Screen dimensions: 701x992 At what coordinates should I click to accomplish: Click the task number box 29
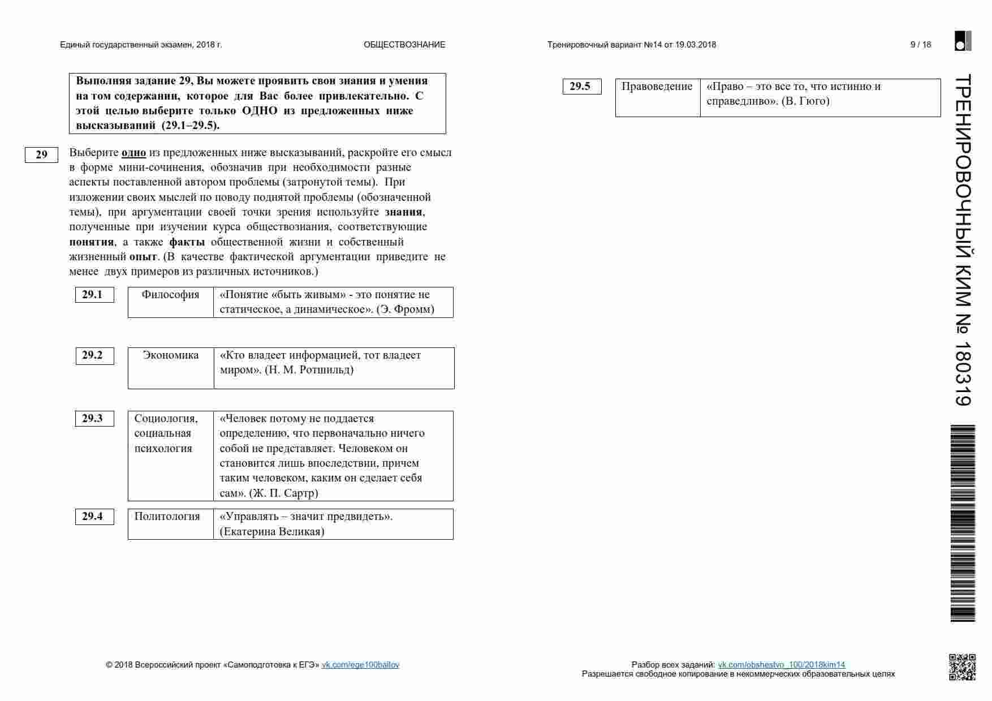(x=41, y=154)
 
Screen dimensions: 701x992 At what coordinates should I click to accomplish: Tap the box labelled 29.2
(x=94, y=355)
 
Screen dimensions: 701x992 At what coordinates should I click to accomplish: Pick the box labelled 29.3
(x=94, y=419)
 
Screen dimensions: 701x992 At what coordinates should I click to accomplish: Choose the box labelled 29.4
(x=94, y=517)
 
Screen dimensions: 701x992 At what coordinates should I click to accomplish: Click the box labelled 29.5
(x=581, y=87)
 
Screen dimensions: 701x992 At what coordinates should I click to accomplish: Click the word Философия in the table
(x=170, y=295)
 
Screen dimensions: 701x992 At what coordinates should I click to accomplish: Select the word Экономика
(x=170, y=355)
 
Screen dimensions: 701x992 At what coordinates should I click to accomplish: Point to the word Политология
(x=167, y=517)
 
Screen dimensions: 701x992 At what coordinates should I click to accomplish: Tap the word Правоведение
(x=657, y=87)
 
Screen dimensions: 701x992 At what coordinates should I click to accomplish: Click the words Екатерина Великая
(x=271, y=532)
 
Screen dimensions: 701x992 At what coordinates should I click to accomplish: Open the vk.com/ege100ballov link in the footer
(x=360, y=665)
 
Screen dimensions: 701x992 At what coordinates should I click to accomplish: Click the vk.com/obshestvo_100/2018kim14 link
(x=781, y=665)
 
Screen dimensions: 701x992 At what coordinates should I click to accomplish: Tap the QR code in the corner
(x=962, y=666)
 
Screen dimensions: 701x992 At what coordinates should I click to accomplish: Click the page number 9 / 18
(x=921, y=45)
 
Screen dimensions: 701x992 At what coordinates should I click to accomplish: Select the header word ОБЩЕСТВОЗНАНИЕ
(x=404, y=45)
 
